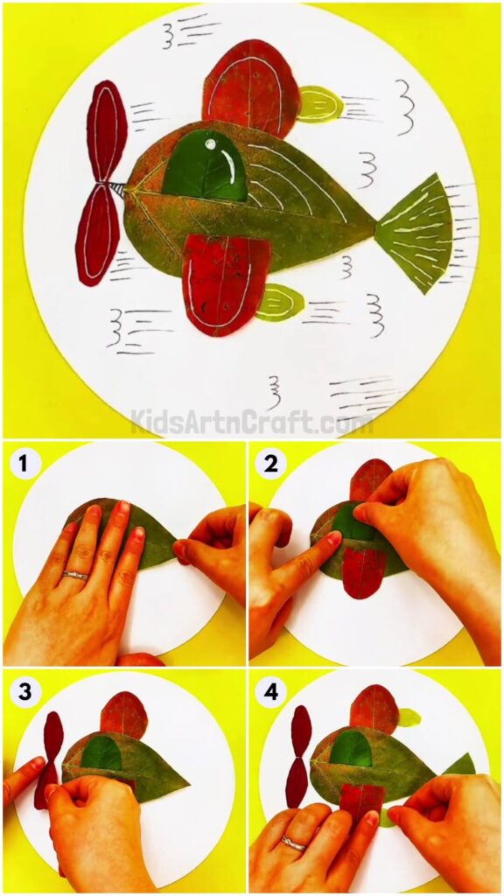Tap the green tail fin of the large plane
pyautogui.click(x=418, y=232)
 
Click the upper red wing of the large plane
pyautogui.click(x=249, y=83)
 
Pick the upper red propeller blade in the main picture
pyautogui.click(x=107, y=131)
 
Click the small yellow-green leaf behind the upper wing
pyautogui.click(x=319, y=104)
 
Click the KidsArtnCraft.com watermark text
pyautogui.click(x=252, y=423)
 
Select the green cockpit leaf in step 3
pyautogui.click(x=102, y=752)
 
